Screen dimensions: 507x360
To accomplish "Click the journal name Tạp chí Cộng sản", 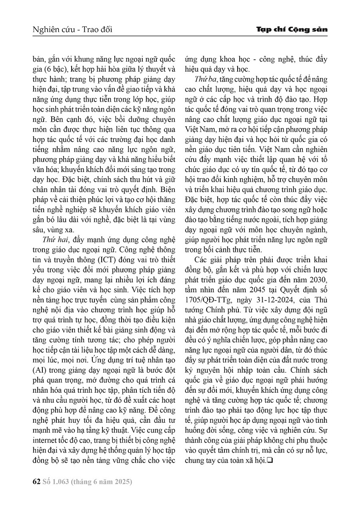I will click(292, 30).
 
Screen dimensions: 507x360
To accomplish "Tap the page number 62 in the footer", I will click(36, 482).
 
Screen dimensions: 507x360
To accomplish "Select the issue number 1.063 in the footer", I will click(59, 482).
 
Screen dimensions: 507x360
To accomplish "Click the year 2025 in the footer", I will click(120, 482).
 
